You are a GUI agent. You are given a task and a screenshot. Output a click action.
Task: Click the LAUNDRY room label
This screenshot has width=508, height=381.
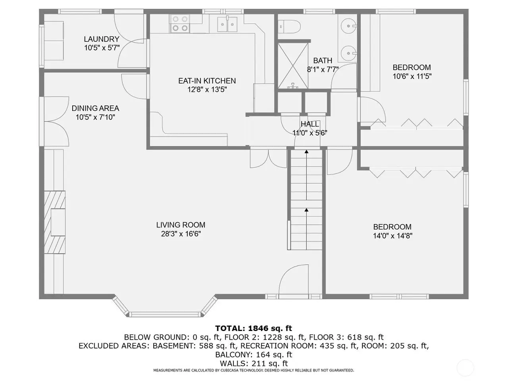(101, 39)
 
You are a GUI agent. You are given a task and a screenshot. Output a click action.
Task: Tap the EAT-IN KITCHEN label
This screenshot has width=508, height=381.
(207, 81)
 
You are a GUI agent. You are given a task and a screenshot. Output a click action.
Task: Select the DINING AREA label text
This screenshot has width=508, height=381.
(95, 108)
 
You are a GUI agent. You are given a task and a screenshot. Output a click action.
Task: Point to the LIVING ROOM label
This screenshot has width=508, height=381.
(181, 225)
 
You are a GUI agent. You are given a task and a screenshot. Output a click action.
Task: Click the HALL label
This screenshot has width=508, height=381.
(310, 124)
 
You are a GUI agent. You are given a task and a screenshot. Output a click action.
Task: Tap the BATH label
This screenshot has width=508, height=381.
(322, 61)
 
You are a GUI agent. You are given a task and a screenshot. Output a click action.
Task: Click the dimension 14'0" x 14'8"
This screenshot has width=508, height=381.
(393, 236)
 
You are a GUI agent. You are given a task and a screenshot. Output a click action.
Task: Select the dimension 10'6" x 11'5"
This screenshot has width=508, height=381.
(412, 76)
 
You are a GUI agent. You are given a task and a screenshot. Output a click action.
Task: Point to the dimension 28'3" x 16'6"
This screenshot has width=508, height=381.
(181, 234)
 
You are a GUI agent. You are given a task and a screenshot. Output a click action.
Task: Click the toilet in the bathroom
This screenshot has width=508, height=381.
(289, 26)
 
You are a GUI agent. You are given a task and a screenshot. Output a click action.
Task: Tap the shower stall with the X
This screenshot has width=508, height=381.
(293, 66)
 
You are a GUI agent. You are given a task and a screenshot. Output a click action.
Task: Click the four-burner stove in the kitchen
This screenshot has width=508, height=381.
(180, 23)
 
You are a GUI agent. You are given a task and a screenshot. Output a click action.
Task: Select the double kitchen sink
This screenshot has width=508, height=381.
(227, 24)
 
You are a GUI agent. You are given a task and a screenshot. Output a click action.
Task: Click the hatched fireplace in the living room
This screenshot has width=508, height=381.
(55, 222)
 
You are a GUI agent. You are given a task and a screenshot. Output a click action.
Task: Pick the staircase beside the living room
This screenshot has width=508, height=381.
(306, 200)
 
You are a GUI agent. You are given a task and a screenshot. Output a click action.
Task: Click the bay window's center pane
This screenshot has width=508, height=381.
(165, 314)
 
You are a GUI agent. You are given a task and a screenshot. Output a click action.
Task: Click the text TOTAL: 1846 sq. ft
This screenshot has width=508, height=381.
(254, 328)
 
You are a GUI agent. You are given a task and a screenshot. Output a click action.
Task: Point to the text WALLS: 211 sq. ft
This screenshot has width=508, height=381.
(254, 363)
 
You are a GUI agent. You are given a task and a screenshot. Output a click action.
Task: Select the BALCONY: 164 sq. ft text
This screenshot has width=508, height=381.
(254, 354)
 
